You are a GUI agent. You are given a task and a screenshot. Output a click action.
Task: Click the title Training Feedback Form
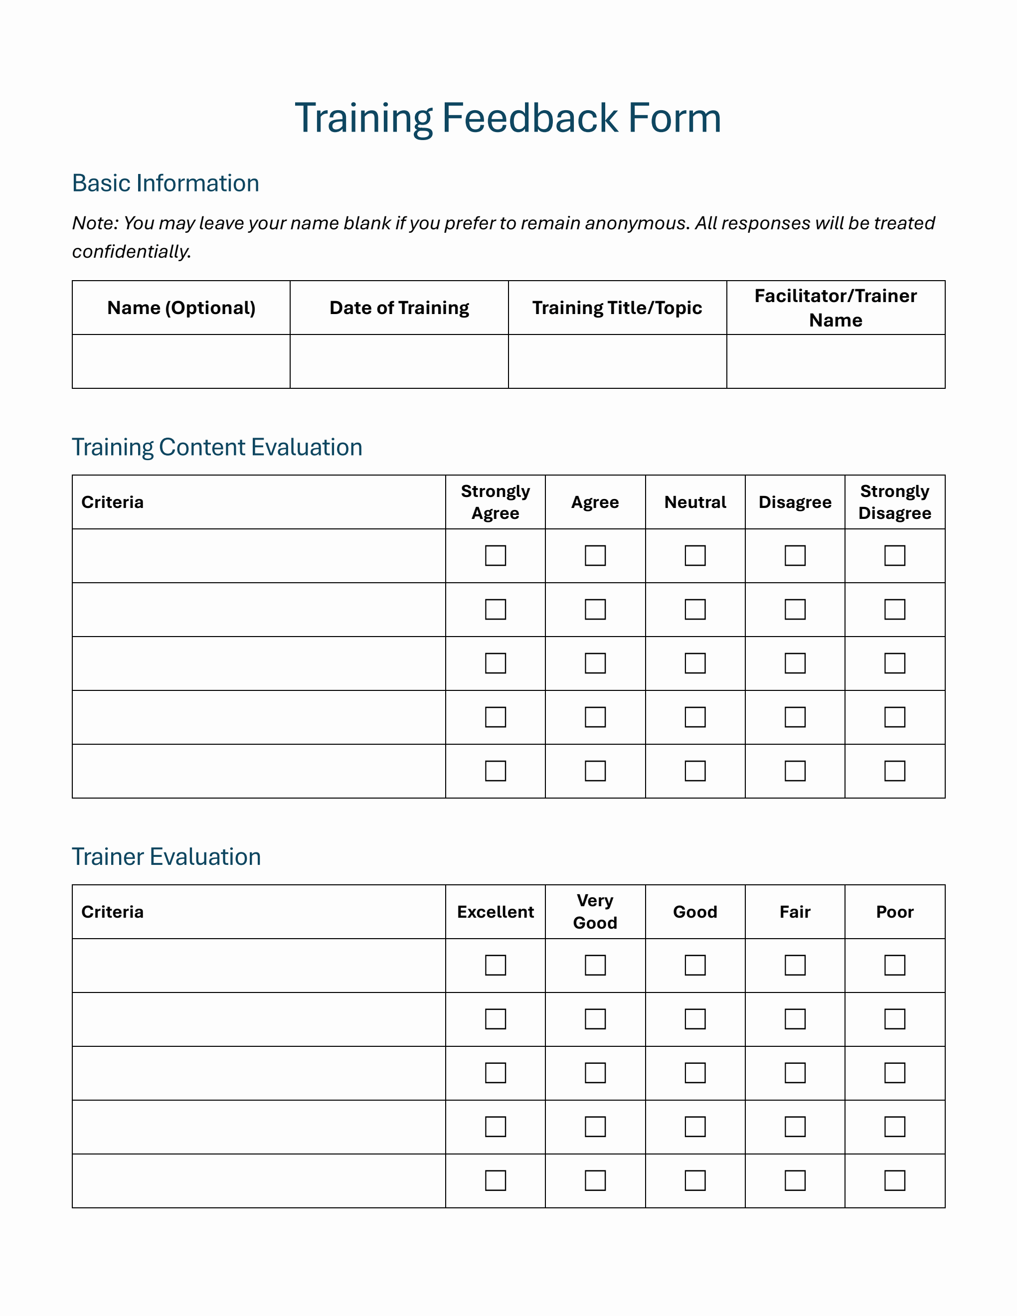508,118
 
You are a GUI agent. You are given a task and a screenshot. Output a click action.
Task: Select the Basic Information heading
166,183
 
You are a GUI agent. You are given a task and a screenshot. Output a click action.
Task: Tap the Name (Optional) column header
181,308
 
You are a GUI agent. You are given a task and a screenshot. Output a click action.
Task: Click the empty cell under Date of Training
399,361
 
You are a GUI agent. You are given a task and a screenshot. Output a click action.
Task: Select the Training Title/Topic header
617,308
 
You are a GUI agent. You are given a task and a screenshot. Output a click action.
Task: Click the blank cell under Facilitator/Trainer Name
835,361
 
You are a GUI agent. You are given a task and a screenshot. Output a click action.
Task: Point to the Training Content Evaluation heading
217,447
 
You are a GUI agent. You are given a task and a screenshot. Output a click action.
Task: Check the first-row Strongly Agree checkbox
495,556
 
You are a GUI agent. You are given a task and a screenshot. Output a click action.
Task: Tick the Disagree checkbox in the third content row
795,663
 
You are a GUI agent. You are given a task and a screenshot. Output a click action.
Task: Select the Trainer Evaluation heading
167,857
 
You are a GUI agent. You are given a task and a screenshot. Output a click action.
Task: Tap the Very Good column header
595,912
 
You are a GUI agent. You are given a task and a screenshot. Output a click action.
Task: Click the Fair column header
795,912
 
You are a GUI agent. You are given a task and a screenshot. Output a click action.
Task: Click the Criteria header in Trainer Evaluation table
113,912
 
